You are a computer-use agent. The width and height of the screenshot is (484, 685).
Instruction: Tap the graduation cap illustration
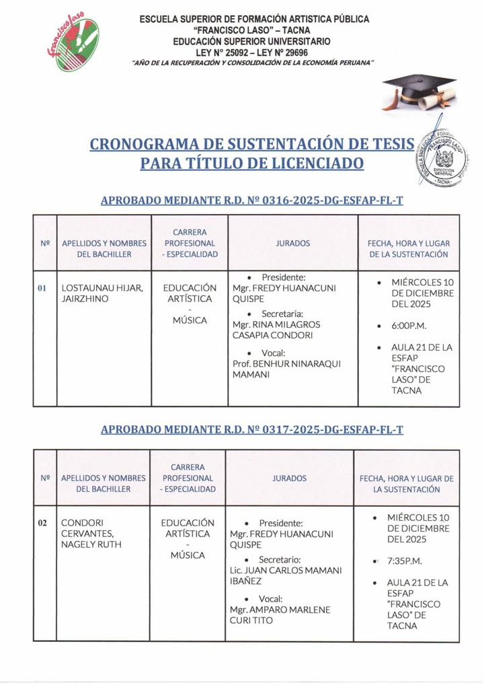click(x=418, y=92)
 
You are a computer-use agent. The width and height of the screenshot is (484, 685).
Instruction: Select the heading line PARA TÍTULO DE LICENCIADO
click(x=252, y=164)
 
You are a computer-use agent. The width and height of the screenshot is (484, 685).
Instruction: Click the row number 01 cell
click(x=42, y=288)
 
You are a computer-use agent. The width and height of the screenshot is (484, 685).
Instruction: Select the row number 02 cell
click(x=42, y=523)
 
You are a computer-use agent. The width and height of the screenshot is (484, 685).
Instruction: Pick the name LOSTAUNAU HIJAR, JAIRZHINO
click(x=102, y=293)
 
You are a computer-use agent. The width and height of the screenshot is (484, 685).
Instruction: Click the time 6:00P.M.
click(x=409, y=326)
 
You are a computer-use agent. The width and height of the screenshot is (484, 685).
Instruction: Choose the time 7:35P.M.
click(x=407, y=561)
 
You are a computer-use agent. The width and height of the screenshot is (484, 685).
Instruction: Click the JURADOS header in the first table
click(x=292, y=243)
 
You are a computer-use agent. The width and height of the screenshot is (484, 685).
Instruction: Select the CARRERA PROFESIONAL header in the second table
click(x=188, y=478)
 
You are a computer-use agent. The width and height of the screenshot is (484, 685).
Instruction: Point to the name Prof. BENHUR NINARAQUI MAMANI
click(x=286, y=369)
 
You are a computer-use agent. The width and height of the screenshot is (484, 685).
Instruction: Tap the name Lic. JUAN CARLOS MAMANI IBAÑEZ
click(x=286, y=575)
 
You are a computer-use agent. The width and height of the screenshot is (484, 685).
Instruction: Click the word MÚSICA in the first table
click(x=190, y=320)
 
